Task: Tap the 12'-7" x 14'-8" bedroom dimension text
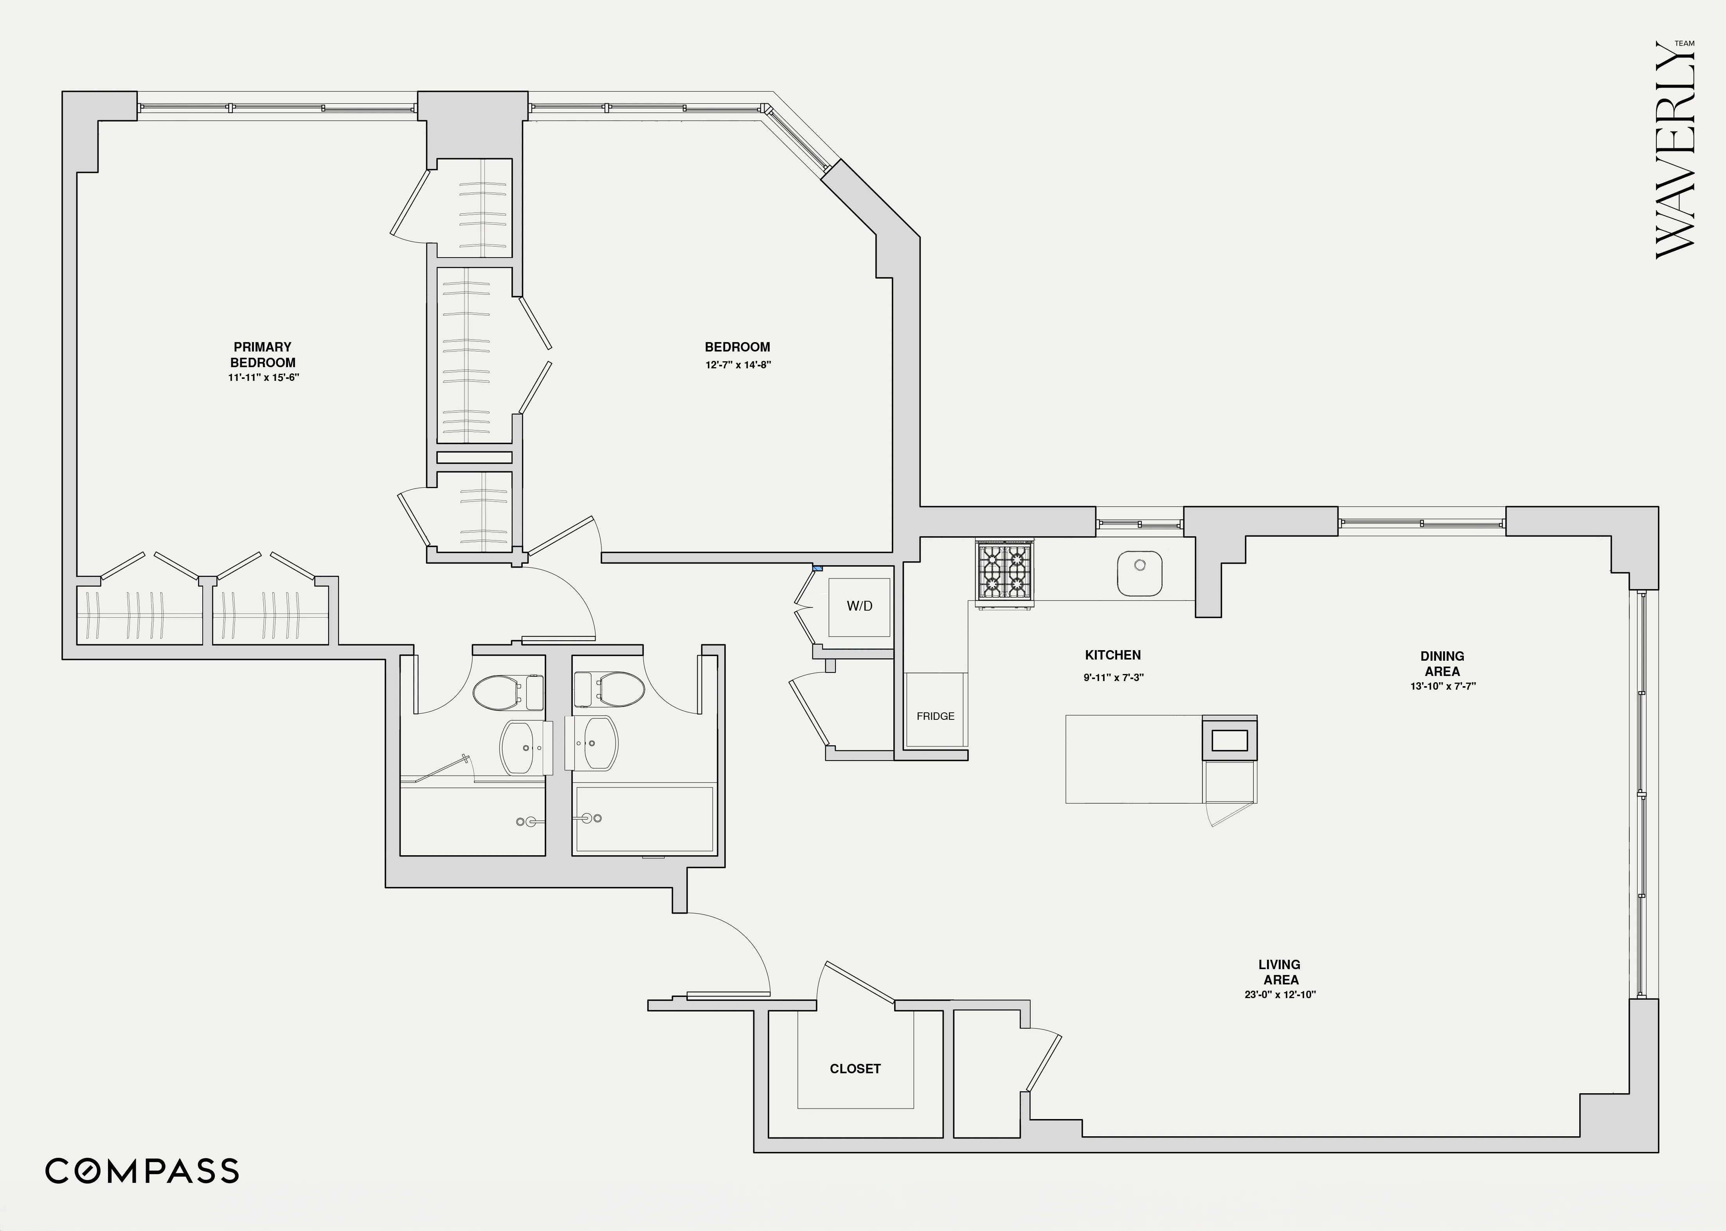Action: click(x=737, y=364)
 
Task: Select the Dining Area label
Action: click(x=1442, y=664)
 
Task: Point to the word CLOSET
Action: click(x=855, y=1069)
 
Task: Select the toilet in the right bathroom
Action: click(x=619, y=690)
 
